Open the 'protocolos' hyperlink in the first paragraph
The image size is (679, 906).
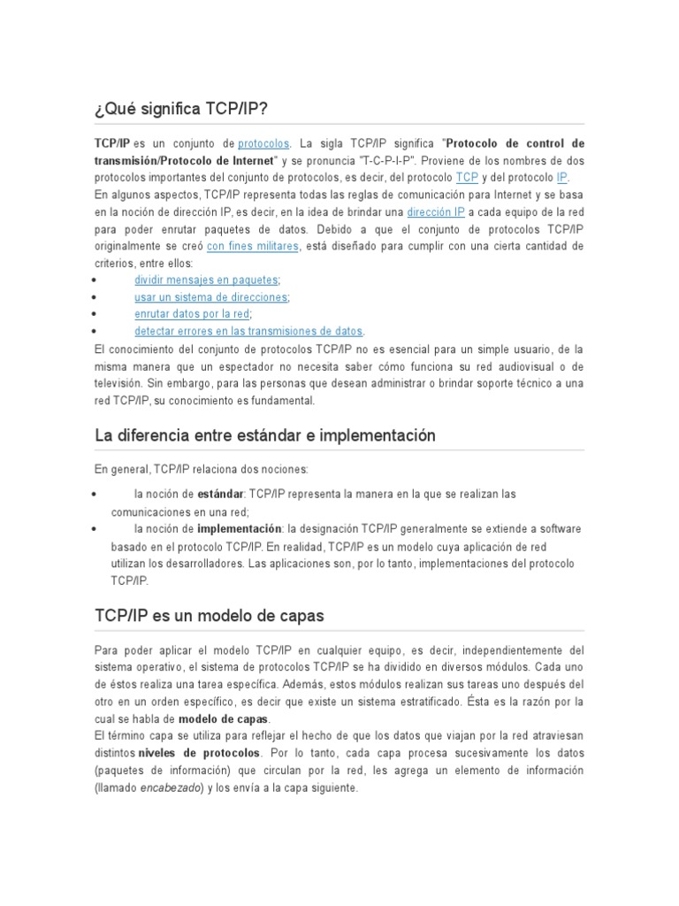(264, 142)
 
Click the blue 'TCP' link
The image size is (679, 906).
(467, 177)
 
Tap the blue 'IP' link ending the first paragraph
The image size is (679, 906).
(561, 177)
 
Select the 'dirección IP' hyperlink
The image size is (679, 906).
(436, 211)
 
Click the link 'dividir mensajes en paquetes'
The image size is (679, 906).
(206, 280)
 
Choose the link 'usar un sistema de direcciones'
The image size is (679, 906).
(211, 296)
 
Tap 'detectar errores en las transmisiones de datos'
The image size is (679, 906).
(248, 331)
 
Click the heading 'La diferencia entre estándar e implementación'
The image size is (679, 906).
(265, 435)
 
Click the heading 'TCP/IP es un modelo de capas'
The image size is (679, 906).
(210, 615)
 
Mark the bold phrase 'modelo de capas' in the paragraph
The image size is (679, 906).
(224, 718)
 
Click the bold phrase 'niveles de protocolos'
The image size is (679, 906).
(199, 753)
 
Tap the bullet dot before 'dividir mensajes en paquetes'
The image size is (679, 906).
(95, 280)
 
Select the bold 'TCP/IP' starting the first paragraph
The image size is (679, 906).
(112, 142)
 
